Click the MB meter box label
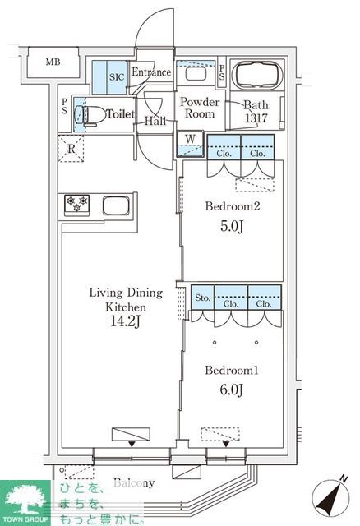click(x=53, y=62)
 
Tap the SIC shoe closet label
click(x=117, y=76)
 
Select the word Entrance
click(x=151, y=72)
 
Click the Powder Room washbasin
click(x=196, y=74)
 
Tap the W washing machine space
click(x=190, y=143)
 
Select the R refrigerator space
click(x=71, y=149)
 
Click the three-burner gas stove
click(x=76, y=204)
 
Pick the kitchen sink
click(x=116, y=205)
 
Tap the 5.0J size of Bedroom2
click(x=232, y=226)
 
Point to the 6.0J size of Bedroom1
click(x=232, y=390)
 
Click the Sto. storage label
click(x=203, y=298)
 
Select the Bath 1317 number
click(x=256, y=118)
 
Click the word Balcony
click(x=134, y=482)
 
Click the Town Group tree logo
click(x=25, y=500)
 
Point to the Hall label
click(x=155, y=121)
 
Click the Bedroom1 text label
click(x=232, y=371)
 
